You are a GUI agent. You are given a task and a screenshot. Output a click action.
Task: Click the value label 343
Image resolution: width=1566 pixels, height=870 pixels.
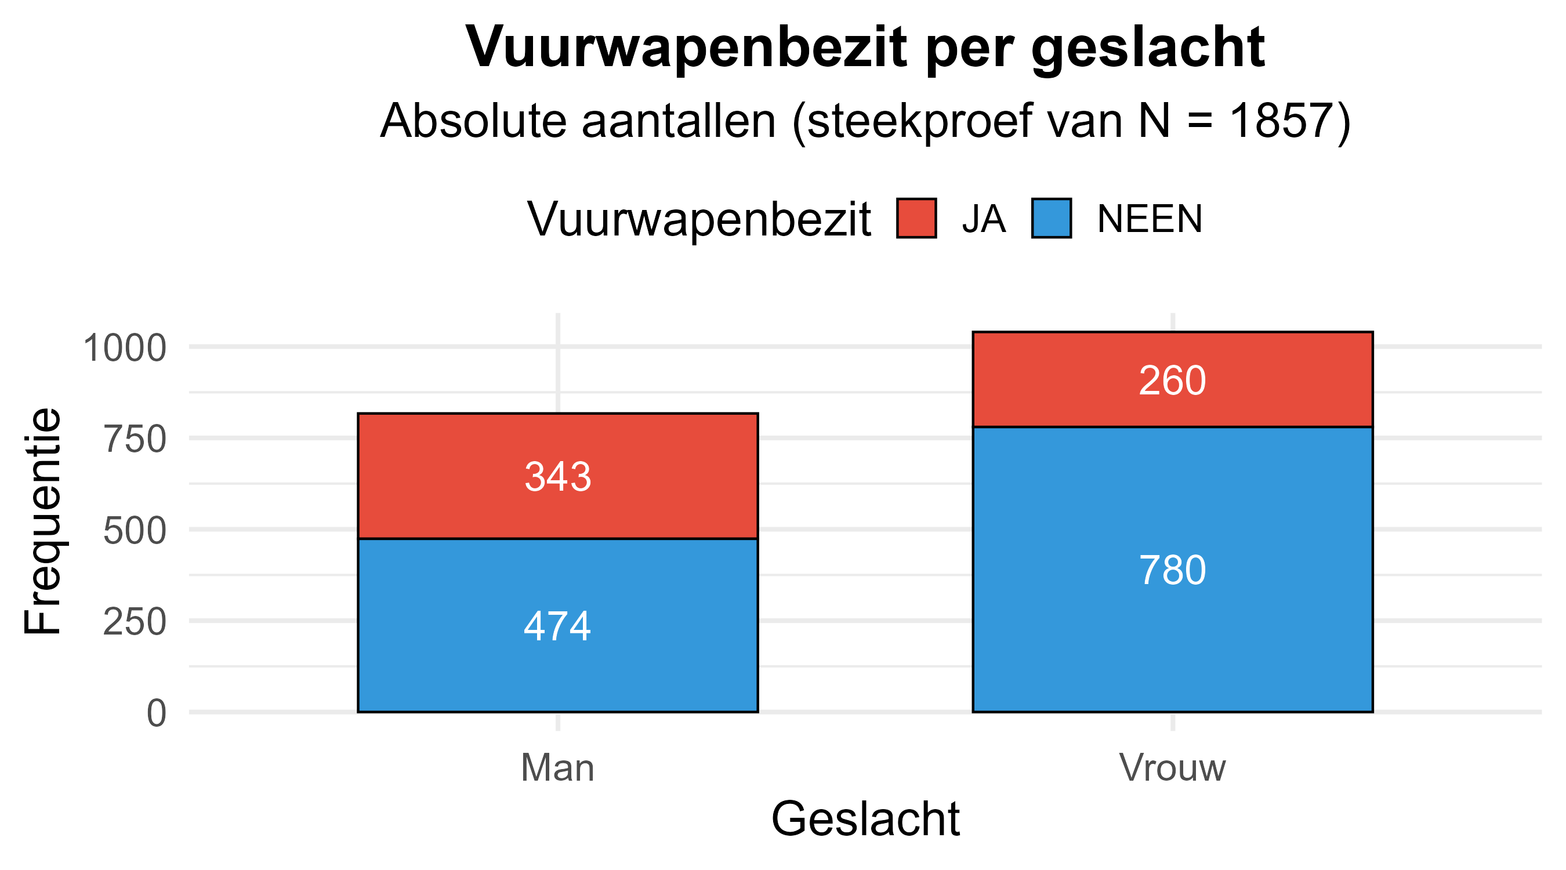557,477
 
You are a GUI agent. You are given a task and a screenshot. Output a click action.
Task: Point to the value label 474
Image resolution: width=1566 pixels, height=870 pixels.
557,626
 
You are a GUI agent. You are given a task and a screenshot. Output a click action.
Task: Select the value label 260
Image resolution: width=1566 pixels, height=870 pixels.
1172,381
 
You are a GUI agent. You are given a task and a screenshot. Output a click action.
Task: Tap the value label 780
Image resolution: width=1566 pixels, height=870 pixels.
1172,571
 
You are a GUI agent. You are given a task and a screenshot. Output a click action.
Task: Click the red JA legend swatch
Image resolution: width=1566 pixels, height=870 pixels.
916,218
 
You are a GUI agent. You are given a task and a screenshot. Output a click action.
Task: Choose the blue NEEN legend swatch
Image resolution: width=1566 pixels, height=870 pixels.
1051,218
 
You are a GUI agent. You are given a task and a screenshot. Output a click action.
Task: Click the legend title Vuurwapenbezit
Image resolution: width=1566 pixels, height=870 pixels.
699,219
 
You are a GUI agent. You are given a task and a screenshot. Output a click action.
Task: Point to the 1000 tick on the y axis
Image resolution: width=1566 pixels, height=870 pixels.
125,349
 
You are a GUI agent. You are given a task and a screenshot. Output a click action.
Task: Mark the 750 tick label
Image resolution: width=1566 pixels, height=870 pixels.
135,440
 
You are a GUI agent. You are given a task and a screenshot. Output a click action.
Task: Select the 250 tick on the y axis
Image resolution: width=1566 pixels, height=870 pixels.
135,622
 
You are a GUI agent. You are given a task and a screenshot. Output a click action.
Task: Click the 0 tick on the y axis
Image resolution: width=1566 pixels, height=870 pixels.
156,713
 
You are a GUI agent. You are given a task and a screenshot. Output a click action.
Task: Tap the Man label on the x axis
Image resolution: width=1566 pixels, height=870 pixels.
557,768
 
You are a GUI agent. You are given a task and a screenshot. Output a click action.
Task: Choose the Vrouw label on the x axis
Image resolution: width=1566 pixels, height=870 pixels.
1172,768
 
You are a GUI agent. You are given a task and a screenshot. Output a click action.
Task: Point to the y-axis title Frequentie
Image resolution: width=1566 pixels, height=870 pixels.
42,521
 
